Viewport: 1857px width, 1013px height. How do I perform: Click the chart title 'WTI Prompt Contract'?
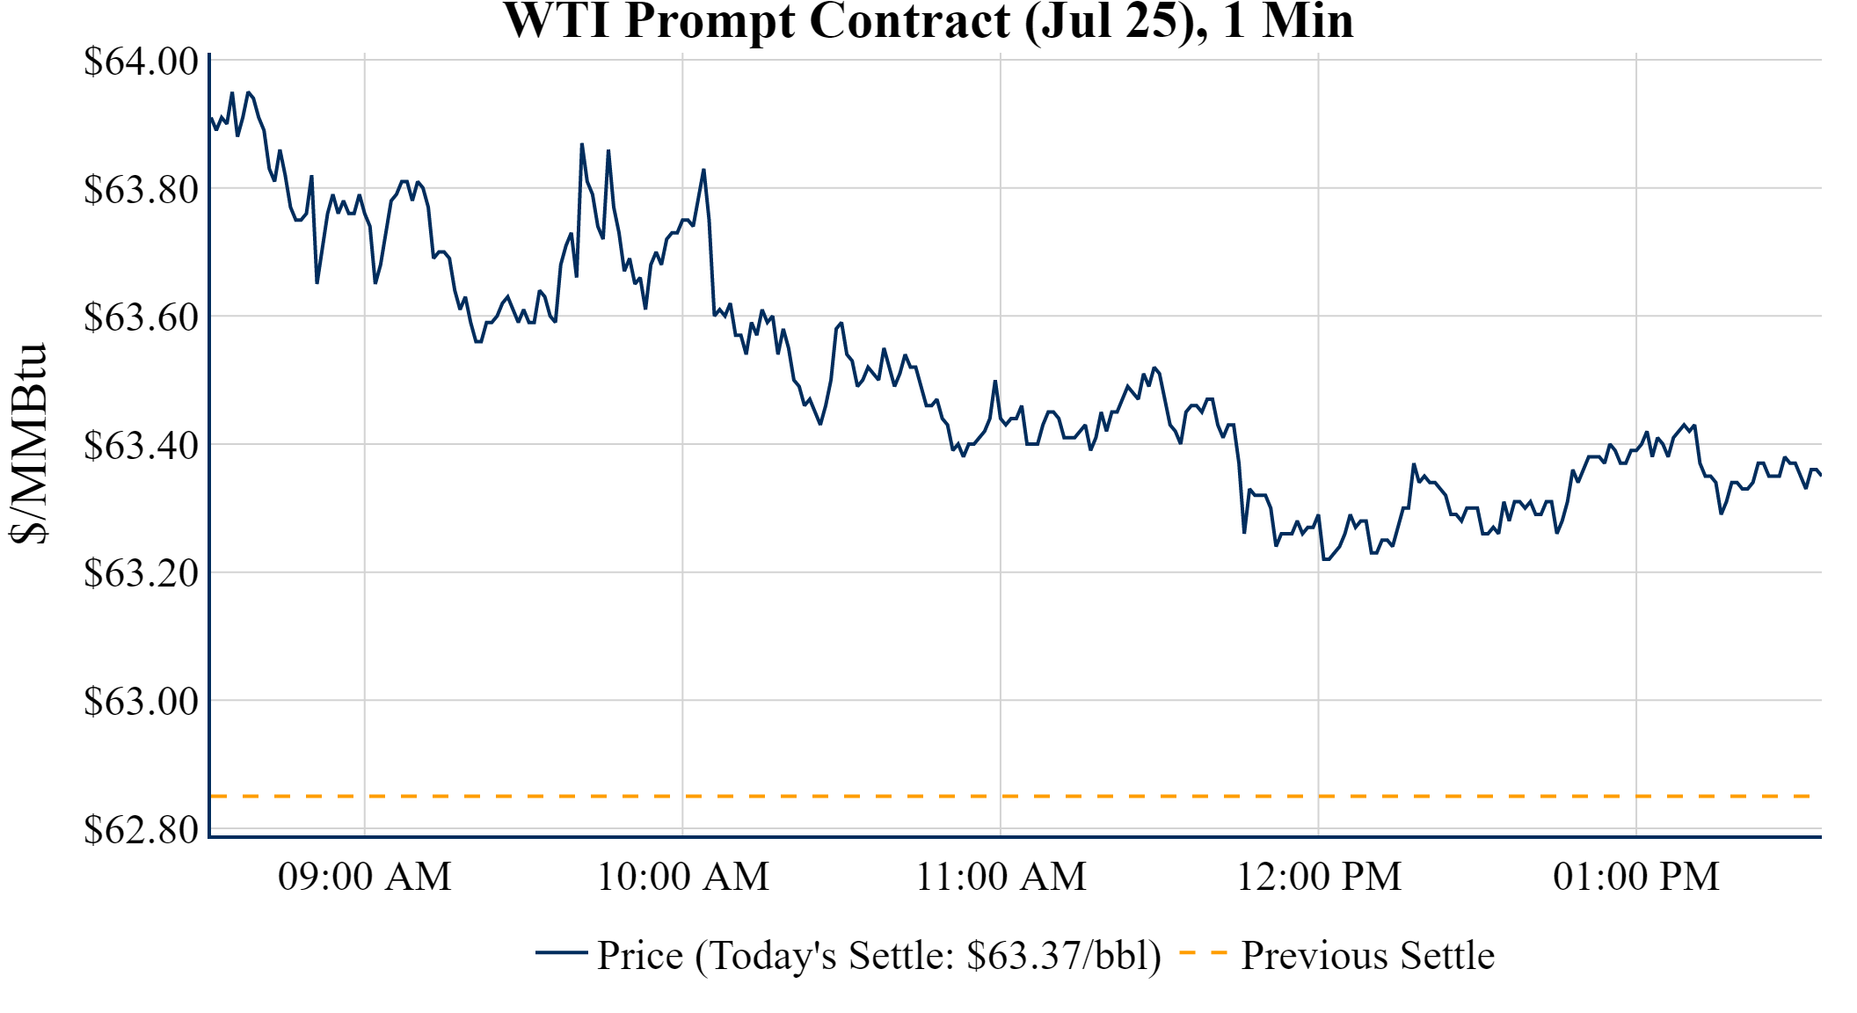click(928, 21)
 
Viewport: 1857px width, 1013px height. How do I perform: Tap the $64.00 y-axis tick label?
click(141, 62)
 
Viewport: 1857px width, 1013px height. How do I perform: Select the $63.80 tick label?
click(141, 189)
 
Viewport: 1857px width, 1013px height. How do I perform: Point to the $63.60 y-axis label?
click(141, 317)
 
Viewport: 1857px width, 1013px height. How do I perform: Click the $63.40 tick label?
click(141, 445)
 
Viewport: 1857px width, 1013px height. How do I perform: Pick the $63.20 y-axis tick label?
click(141, 573)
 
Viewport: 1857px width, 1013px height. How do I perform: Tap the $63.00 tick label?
click(141, 702)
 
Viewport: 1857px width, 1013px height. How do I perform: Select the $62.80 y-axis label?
click(141, 829)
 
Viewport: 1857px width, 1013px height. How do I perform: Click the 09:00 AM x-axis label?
click(365, 877)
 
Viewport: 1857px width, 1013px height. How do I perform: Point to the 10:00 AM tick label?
click(683, 877)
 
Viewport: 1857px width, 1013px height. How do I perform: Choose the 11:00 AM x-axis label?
click(1001, 877)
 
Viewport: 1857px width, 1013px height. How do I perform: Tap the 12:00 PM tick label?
click(1319, 877)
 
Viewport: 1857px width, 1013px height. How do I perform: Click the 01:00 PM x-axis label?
click(1636, 877)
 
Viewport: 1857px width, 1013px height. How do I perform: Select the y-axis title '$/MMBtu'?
click(28, 444)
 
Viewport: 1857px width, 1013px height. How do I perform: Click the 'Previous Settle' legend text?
click(1367, 956)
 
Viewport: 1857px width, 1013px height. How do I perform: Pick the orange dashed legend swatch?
click(1203, 953)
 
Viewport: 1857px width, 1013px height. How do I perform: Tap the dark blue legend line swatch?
click(561, 953)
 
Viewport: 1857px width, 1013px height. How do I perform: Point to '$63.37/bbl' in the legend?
click(1063, 956)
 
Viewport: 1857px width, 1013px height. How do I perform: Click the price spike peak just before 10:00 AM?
click(582, 144)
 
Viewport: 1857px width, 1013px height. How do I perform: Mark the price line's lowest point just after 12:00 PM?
click(1325, 559)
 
